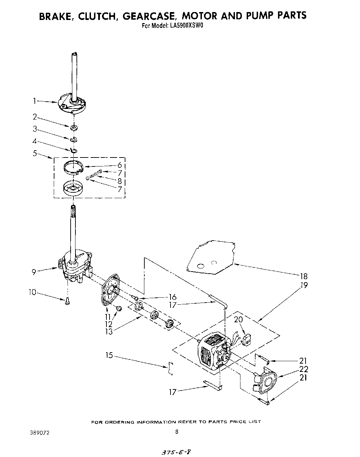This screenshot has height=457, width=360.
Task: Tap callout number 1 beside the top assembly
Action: click(34, 101)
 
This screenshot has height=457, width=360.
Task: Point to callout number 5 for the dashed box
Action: click(35, 153)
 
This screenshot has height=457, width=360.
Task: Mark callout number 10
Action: click(32, 293)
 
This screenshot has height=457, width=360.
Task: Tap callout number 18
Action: click(304, 276)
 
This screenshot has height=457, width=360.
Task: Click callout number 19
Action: click(304, 285)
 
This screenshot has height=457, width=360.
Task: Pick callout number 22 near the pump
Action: click(304, 369)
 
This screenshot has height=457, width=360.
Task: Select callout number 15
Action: click(109, 355)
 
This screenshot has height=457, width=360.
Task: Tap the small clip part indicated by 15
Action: click(170, 368)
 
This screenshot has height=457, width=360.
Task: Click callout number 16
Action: click(173, 297)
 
